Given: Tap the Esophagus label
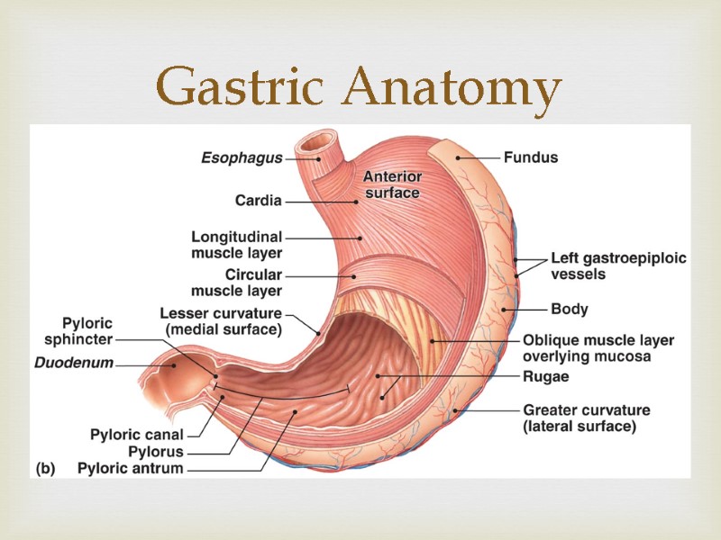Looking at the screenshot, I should point(241,158).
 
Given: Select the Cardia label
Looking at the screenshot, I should point(258,200).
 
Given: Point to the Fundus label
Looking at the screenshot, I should point(530,157).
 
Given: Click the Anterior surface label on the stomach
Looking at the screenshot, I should point(391,184).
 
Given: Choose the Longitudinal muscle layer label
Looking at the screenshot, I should point(236,245).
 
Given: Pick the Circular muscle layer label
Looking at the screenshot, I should point(236,283).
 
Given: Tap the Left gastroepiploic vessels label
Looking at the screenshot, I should point(618,265).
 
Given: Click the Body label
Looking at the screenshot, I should point(569,309).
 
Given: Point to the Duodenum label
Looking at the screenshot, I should point(74,364).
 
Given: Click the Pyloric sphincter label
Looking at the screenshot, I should point(78,330).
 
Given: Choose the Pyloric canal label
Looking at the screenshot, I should point(136,435).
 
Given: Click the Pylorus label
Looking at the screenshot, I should point(156,452).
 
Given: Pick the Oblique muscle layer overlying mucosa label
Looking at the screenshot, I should point(598,348).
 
